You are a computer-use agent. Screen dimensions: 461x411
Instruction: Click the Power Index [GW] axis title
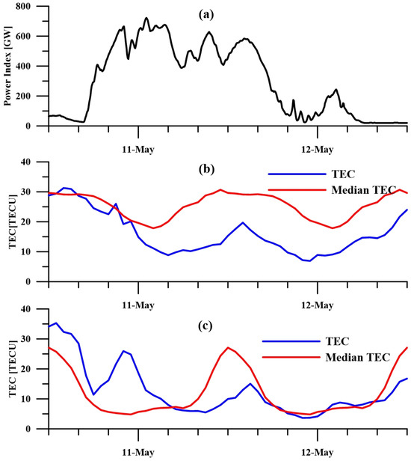pos(9,66)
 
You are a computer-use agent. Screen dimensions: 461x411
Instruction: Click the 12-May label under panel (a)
pos(317,142)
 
